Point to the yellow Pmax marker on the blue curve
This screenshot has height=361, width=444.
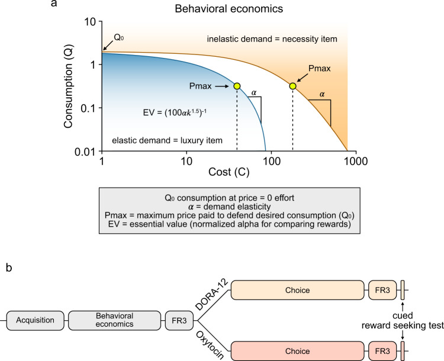(237, 86)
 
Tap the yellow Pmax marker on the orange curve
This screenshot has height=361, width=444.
(292, 86)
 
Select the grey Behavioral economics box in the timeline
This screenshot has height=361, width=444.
(115, 320)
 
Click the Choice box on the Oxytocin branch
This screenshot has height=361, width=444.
(297, 350)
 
